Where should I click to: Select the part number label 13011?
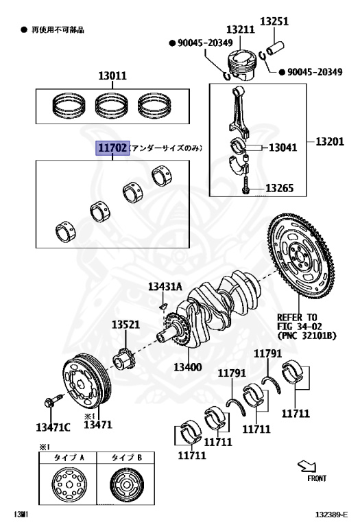point(111,76)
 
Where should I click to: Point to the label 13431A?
point(163,287)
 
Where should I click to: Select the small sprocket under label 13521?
point(125,358)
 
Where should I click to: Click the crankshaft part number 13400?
point(187,367)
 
